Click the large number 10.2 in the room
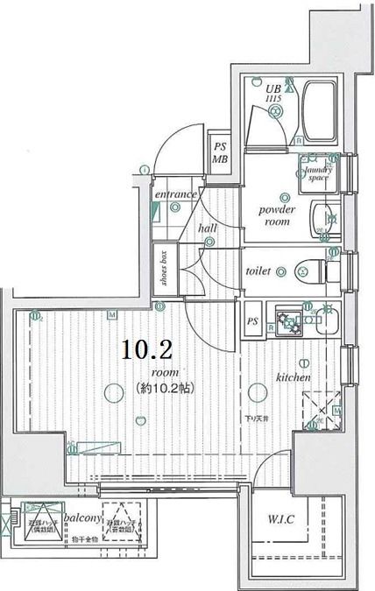(x=145, y=351)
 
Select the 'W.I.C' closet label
(x=281, y=519)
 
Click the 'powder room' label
(x=277, y=216)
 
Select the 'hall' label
(x=207, y=228)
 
